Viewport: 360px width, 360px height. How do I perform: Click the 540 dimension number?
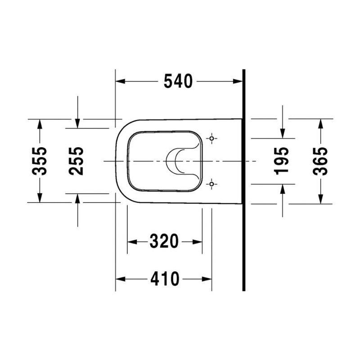click(178, 81)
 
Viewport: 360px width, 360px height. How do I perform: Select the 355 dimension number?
click(40, 161)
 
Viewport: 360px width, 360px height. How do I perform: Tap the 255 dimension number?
click(76, 161)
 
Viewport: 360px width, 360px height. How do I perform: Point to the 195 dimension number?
click(282, 161)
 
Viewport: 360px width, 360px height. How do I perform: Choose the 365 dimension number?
click(320, 161)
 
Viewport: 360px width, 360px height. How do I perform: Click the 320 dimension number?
click(164, 241)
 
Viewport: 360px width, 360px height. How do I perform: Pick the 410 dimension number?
click(165, 279)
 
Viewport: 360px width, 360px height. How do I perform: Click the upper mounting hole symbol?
click(211, 139)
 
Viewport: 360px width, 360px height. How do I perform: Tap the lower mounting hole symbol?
click(211, 184)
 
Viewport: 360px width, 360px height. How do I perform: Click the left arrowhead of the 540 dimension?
click(120, 81)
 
